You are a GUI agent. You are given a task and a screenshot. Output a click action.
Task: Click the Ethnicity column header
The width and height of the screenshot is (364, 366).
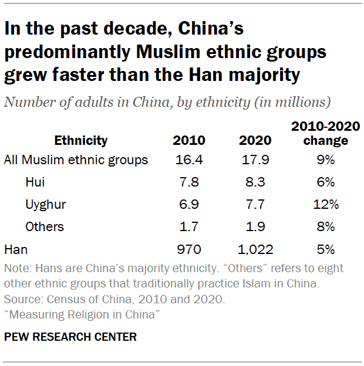81,141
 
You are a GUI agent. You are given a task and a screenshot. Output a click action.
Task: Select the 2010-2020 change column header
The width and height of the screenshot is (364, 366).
326,134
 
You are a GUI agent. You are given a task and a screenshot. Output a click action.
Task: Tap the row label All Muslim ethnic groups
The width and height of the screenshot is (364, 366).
76,160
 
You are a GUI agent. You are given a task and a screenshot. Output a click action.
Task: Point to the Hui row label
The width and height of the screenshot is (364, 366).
35,182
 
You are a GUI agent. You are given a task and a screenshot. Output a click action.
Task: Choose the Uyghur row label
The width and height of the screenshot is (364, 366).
45,204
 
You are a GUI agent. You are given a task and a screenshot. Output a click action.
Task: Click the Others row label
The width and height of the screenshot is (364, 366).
45,226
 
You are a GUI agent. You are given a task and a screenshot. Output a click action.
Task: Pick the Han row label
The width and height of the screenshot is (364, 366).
15,249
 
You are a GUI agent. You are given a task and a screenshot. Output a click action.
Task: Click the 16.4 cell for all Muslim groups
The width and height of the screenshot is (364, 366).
188,160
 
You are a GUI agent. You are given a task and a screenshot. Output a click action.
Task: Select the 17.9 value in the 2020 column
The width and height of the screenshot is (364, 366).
255,160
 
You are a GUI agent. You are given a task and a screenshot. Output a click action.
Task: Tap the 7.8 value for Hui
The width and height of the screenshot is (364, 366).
188,182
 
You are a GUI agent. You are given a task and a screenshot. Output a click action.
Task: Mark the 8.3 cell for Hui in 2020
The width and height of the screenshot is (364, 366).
255,182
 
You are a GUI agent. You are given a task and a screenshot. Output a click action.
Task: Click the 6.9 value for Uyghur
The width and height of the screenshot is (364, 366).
188,204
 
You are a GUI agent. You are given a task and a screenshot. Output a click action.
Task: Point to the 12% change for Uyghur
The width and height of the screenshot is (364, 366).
326,204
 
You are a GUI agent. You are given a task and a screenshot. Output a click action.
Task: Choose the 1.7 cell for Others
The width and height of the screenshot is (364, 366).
188,226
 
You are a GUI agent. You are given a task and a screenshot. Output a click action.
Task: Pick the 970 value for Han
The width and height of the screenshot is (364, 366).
188,249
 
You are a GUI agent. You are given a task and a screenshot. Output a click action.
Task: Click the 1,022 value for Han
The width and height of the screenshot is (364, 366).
255,249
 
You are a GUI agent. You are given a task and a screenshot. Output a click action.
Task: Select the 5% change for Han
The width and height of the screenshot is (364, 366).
326,249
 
